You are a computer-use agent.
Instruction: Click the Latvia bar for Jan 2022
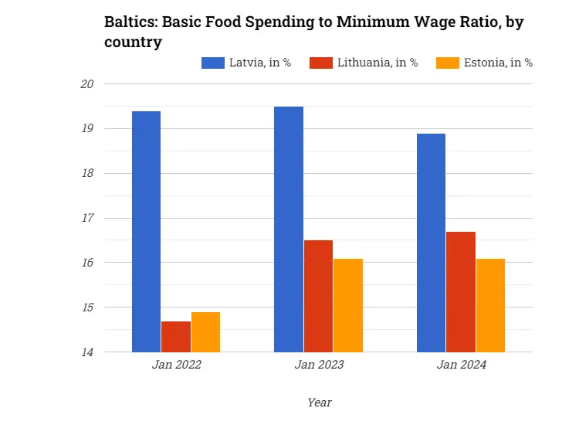pos(146,232)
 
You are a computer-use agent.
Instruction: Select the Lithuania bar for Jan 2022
pos(176,337)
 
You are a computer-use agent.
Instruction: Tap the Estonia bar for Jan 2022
pos(205,332)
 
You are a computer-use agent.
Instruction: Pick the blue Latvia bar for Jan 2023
pos(289,229)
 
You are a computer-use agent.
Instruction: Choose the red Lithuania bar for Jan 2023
pos(318,296)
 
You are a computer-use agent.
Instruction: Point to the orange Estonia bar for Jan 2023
pos(348,305)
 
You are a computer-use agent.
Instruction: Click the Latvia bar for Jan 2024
pos(431,243)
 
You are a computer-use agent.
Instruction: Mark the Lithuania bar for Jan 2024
pos(461,292)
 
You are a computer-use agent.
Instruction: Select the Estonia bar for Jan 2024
pos(490,305)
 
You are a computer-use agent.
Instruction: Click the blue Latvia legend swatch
pos(212,63)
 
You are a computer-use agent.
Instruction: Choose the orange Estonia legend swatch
pos(448,63)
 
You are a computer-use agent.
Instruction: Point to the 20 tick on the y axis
pos(86,83)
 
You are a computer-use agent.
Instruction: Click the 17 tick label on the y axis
pos(86,218)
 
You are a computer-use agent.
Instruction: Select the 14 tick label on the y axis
pos(86,352)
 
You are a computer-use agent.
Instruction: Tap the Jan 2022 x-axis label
pos(176,365)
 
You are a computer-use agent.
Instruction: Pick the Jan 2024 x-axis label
pos(461,365)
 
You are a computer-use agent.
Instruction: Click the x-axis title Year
pos(319,402)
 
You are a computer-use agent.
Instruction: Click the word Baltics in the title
pos(130,22)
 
